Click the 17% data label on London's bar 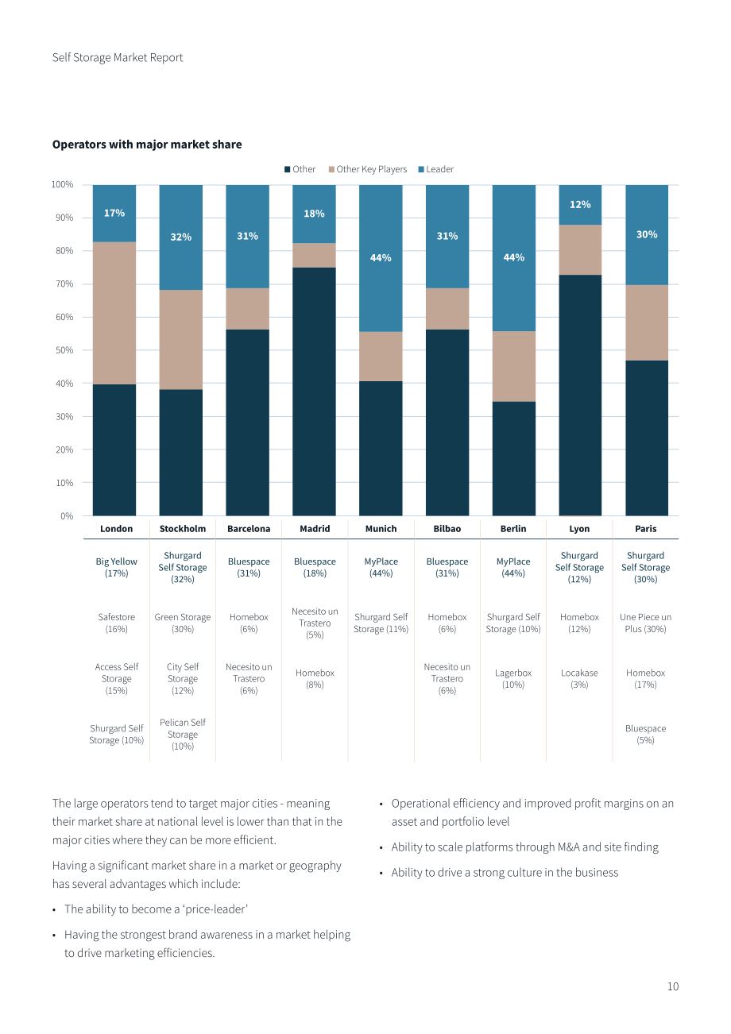[x=114, y=213]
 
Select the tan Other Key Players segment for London [x=114, y=313]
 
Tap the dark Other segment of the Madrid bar [x=314, y=392]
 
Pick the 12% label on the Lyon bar [x=580, y=204]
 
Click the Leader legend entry [x=436, y=169]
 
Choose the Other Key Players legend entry [x=368, y=169]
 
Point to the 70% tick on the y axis [x=64, y=284]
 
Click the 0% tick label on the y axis [x=67, y=516]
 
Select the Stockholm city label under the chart [x=183, y=529]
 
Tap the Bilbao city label [x=447, y=529]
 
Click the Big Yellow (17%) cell [x=116, y=567]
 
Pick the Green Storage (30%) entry [x=183, y=623]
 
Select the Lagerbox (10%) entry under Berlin [x=513, y=678]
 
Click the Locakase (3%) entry [x=579, y=678]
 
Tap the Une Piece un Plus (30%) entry [x=645, y=623]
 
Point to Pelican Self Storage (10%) [x=183, y=734]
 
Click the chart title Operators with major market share [x=147, y=145]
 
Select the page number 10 [x=673, y=986]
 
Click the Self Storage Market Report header [x=118, y=57]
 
